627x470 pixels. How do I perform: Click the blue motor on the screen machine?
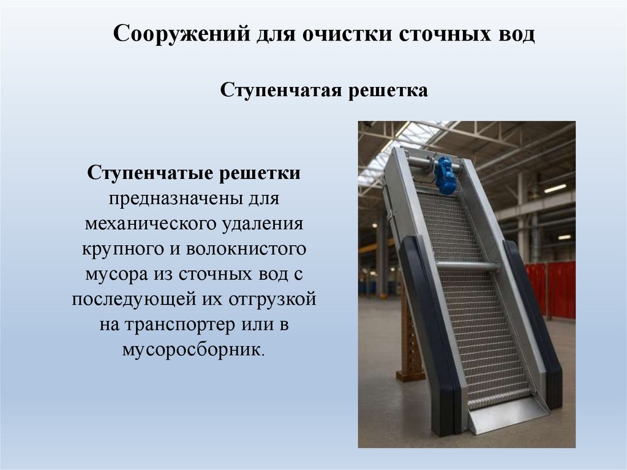click(x=445, y=174)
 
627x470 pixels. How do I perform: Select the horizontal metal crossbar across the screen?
click(x=467, y=266)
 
